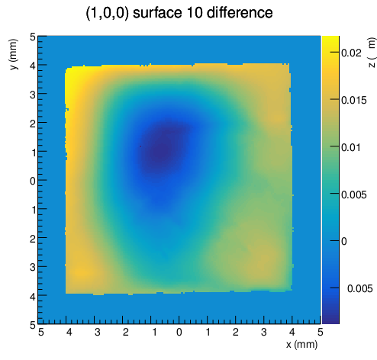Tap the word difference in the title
(240, 12)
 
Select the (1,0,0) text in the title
(107, 13)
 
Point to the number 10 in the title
(194, 12)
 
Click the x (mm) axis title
(301, 345)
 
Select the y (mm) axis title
(14, 54)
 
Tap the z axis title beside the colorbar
(372, 53)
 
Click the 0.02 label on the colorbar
(351, 53)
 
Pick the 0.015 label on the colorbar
(354, 101)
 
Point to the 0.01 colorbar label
(351, 147)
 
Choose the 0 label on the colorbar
(343, 241)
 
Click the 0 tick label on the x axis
(179, 332)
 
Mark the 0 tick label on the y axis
(33, 182)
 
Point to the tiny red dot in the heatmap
(140, 146)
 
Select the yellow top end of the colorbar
(330, 39)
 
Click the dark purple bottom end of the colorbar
(330, 320)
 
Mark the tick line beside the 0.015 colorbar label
(335, 99)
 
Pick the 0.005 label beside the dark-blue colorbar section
(359, 288)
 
